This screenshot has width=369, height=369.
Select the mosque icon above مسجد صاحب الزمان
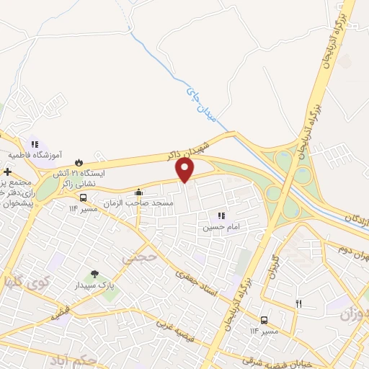138,192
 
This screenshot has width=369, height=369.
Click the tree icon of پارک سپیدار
94,274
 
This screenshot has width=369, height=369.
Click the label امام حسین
218,226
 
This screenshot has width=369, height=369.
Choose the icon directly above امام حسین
222,215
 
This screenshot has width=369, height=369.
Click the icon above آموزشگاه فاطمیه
35,144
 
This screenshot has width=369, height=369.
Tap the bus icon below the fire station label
84,197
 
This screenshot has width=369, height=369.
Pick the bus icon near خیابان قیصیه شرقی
264,320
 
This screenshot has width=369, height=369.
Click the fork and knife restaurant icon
298,303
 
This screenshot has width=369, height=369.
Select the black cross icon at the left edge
7,172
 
